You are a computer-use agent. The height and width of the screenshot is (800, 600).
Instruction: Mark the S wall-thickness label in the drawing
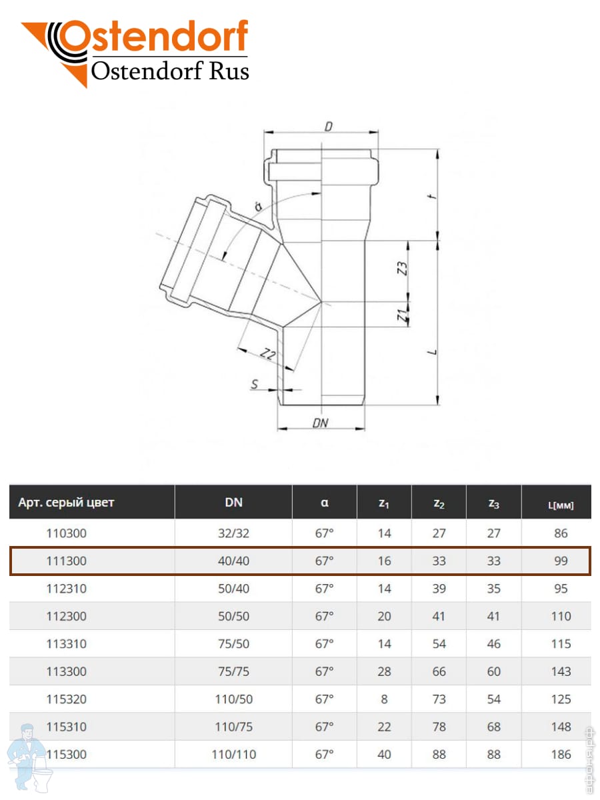[254, 385]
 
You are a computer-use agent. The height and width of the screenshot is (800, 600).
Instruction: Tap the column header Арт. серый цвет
[66, 503]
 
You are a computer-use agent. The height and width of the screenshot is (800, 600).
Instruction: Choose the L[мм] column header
[561, 505]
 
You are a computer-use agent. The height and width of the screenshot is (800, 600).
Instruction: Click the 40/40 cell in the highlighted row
[233, 561]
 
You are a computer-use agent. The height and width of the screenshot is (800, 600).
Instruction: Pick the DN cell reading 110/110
[233, 755]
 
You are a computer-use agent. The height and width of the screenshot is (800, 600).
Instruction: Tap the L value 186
[561, 755]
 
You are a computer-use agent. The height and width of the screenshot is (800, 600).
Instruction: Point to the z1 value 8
[384, 699]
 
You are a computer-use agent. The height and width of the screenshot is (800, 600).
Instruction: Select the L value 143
[561, 671]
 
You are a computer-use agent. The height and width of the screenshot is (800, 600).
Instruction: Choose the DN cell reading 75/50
[233, 644]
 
